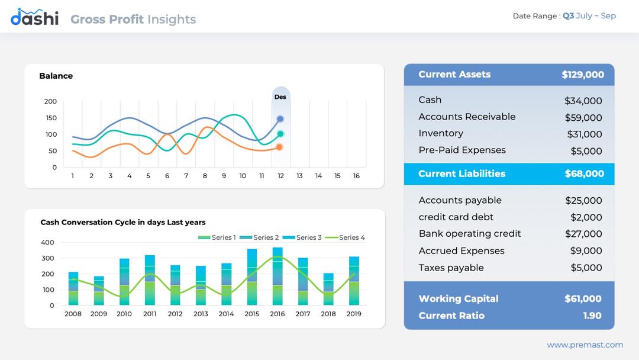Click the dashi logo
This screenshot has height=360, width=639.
click(x=34, y=18)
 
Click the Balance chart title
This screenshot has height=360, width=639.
click(x=56, y=76)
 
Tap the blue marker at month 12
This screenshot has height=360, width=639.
click(x=280, y=119)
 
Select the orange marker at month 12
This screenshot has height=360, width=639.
click(x=280, y=147)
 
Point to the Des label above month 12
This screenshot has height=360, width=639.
click(x=280, y=97)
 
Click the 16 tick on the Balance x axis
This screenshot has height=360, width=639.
click(x=356, y=176)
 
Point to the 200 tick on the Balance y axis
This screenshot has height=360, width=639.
click(x=50, y=101)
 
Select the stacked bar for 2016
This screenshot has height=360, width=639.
click(x=277, y=276)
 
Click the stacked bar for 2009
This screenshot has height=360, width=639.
click(x=99, y=290)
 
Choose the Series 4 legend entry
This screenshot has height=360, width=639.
click(x=344, y=237)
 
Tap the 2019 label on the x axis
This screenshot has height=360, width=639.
click(x=354, y=314)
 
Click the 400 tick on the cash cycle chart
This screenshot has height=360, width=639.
click(x=47, y=242)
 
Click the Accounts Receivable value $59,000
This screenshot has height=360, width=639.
click(x=583, y=118)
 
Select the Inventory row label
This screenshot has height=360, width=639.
click(x=441, y=133)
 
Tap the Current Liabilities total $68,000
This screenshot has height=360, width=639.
click(x=584, y=173)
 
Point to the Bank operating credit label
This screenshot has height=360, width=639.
click(x=470, y=233)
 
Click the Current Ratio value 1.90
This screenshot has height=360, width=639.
click(x=592, y=316)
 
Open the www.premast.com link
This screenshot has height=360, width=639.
click(x=585, y=345)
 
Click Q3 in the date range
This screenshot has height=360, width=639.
click(x=568, y=16)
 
